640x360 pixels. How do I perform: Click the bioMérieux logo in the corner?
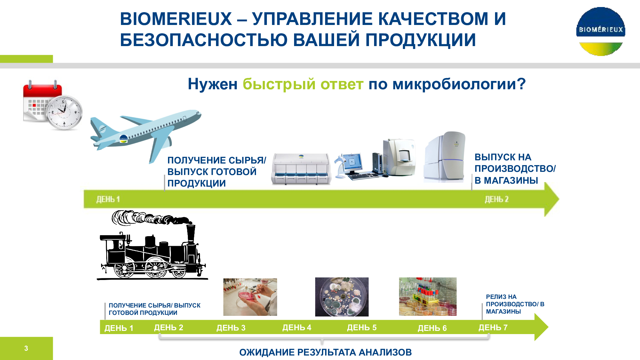(x=601, y=31)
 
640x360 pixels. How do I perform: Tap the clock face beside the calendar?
(x=64, y=112)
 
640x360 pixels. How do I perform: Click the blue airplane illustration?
(x=146, y=134)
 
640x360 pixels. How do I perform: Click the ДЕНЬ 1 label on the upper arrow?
(x=108, y=199)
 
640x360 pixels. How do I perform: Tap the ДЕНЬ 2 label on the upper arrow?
(x=497, y=199)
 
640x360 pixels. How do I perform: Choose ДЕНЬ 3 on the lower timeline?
(x=231, y=328)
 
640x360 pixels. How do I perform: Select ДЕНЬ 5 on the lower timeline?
(x=362, y=328)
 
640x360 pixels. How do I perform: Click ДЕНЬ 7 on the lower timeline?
(x=493, y=327)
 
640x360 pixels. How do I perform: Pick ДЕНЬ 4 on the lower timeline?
(x=297, y=327)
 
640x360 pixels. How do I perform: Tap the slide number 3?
(x=26, y=348)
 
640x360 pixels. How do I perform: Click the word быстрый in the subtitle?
(x=279, y=84)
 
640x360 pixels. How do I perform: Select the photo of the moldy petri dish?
(x=342, y=297)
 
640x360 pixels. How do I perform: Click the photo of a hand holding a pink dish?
(x=250, y=297)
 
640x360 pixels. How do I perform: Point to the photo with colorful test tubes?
(x=428, y=297)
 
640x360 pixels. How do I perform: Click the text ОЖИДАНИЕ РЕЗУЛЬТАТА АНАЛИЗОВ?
(x=325, y=352)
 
